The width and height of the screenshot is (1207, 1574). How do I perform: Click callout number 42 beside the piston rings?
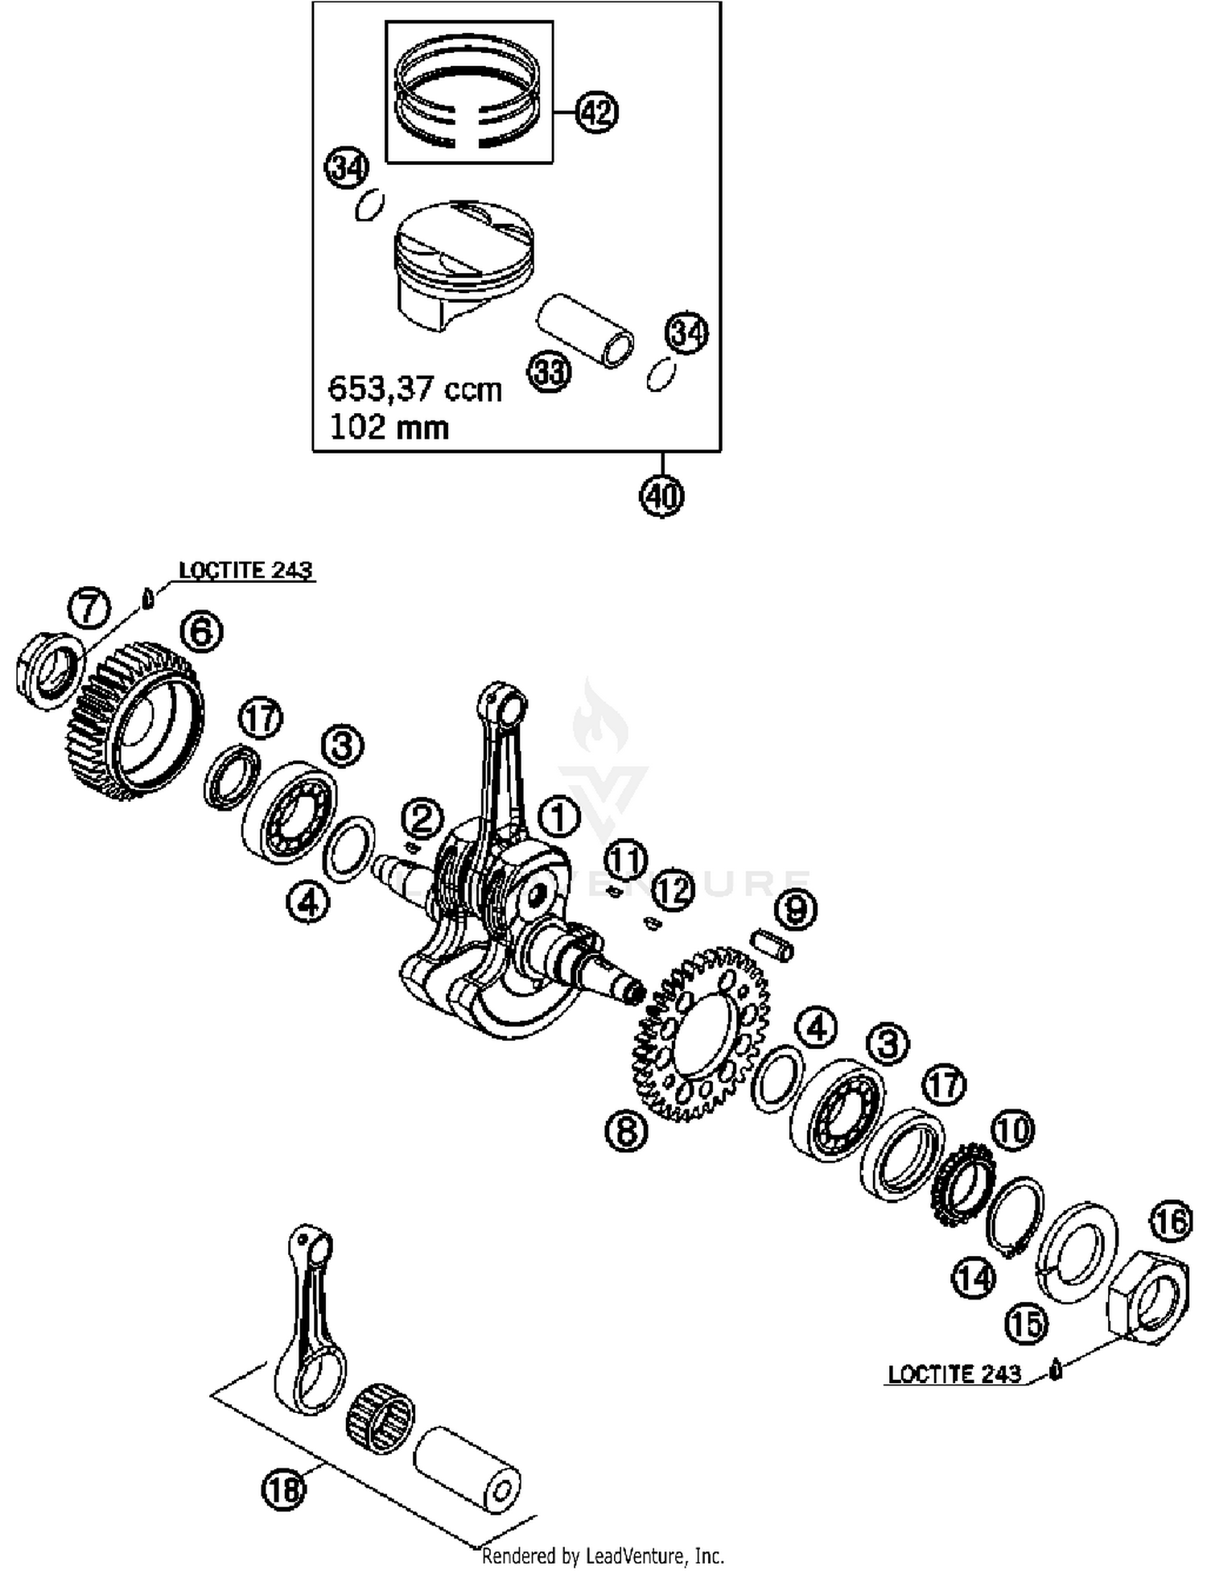596,112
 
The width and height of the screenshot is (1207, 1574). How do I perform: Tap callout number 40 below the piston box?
661,495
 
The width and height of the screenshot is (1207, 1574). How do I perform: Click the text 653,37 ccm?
414,389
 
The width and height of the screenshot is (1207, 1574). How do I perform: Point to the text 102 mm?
389,427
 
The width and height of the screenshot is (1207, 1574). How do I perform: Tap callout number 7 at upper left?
89,608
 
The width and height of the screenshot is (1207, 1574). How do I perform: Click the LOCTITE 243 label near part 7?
245,570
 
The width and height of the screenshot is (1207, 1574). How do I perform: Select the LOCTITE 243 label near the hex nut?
954,1374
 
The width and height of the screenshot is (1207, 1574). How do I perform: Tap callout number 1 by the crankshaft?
558,817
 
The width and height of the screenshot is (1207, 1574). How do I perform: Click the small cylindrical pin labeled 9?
772,944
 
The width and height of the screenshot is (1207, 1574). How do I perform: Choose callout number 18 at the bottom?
284,1489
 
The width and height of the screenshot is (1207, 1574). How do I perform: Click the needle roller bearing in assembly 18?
380,1419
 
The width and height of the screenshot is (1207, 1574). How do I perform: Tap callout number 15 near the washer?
1026,1324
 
